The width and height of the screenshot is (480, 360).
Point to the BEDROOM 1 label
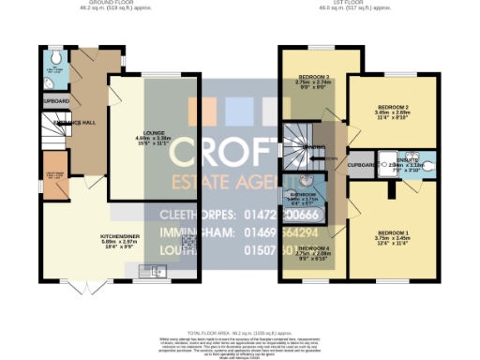tap(393, 232)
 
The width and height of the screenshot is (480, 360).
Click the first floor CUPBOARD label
tap(361, 166)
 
